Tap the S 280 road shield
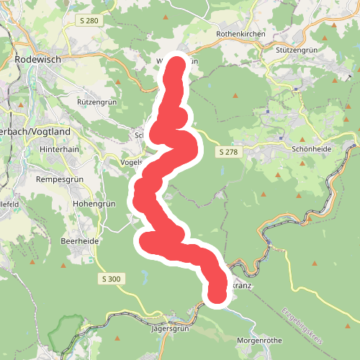click(x=89, y=21)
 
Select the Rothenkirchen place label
click(x=240, y=34)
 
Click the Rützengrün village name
click(x=96, y=103)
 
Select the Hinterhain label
click(x=58, y=148)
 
